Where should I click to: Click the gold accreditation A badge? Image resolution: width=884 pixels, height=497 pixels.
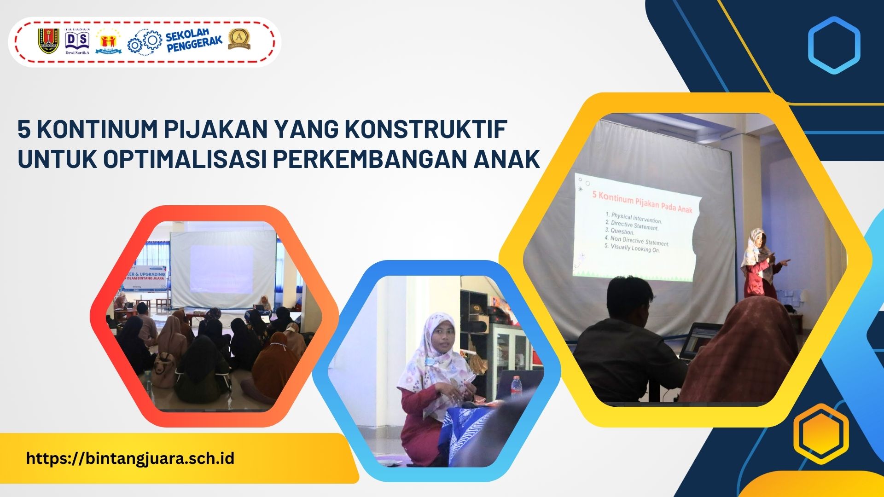coord(239,40)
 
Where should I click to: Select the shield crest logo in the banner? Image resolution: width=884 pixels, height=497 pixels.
coord(48,41)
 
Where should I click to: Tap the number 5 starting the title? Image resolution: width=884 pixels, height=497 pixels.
coord(24,130)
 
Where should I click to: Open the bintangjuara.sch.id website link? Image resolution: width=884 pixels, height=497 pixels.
coord(130,458)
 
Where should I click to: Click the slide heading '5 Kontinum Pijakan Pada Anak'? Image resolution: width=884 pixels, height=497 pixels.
coord(642,202)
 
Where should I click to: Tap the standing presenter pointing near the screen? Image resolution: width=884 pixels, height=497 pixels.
coord(760,262)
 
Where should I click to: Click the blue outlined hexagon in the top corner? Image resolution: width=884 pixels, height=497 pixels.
coord(834,46)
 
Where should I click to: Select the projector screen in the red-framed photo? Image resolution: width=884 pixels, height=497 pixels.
coord(223,269)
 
